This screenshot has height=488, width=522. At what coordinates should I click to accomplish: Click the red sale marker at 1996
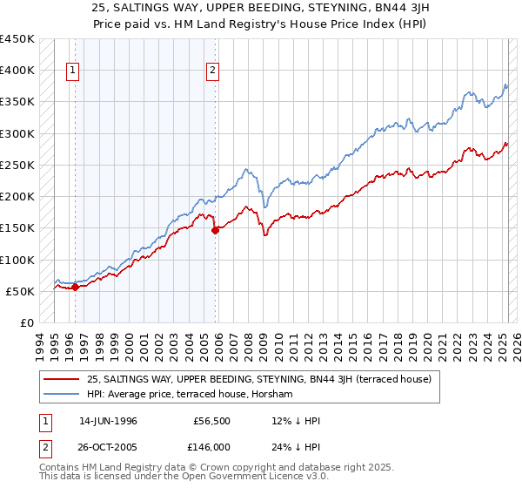pyautogui.click(x=76, y=286)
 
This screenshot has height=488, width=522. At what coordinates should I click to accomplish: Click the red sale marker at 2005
pyautogui.click(x=216, y=230)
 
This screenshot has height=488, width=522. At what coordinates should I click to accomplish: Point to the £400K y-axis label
pyautogui.click(x=17, y=71)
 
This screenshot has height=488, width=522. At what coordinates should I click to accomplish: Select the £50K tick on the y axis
pyautogui.click(x=20, y=291)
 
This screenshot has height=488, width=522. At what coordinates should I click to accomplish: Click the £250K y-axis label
pyautogui.click(x=17, y=165)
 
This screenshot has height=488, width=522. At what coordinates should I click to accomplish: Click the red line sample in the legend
pyautogui.click(x=61, y=379)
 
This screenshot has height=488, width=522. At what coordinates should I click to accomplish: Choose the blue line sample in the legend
pyautogui.click(x=61, y=394)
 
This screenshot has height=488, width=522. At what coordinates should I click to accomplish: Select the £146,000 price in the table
pyautogui.click(x=211, y=446)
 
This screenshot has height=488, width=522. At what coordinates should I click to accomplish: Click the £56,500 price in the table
pyautogui.click(x=211, y=421)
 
